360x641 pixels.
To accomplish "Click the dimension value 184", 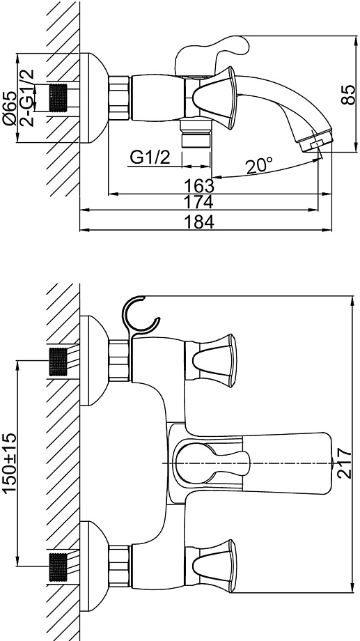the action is tap(199, 222).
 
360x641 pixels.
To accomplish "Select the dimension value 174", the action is tap(199, 201).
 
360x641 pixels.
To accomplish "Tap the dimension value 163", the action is tap(199, 186).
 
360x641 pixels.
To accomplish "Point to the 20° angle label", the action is tap(259, 166).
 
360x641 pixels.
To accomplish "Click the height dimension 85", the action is tap(349, 95).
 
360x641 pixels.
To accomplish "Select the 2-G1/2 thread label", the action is tap(27, 98).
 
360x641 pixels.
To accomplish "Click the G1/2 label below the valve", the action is tap(150, 157).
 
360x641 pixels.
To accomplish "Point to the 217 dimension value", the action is tap(345, 463).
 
